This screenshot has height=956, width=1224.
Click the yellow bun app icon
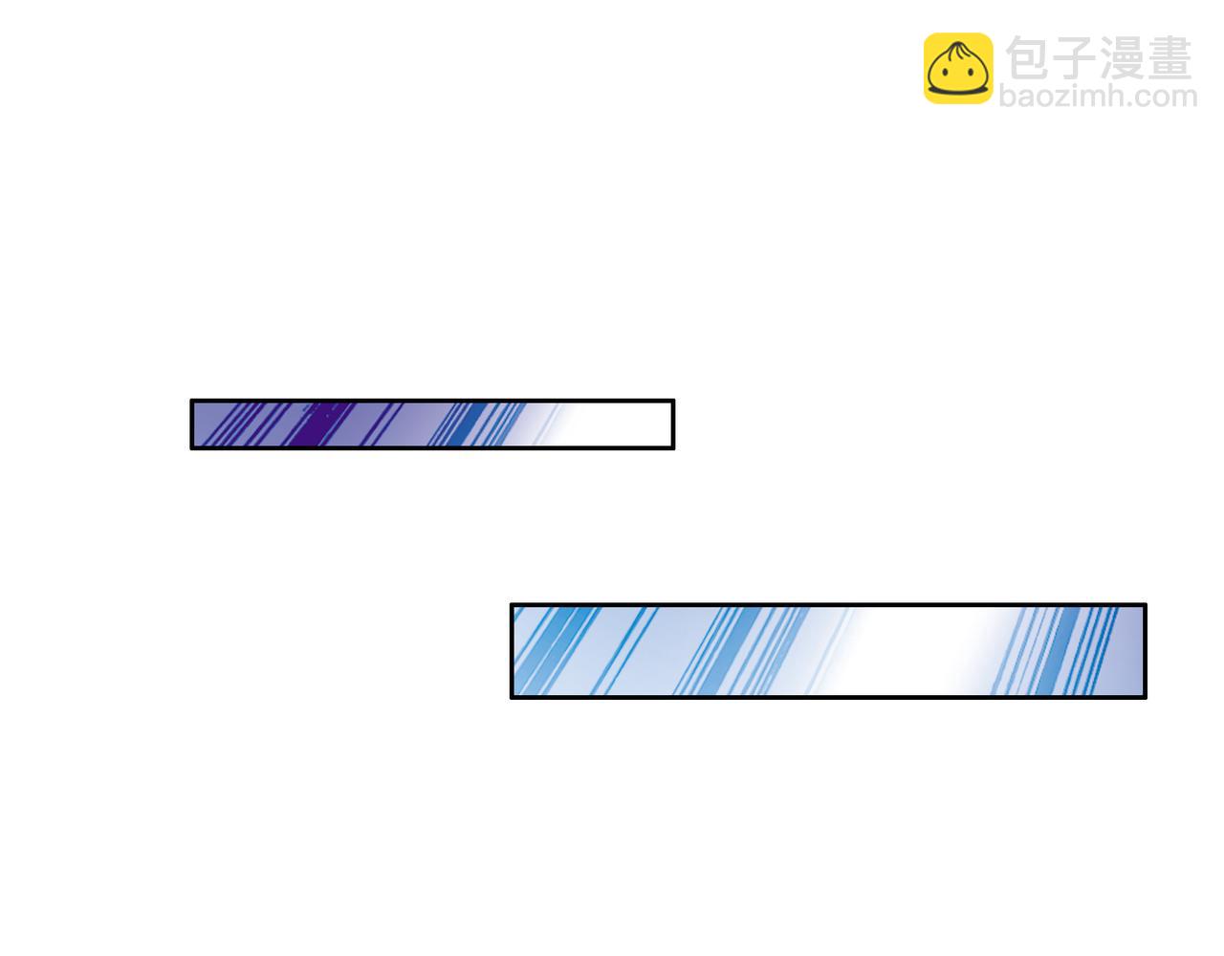pos(957,68)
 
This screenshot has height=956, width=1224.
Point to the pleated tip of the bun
pos(957,46)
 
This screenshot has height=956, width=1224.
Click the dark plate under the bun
pos(957,90)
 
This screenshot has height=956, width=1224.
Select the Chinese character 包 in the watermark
pos(1028,58)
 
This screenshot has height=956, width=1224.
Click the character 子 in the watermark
pos(1074,58)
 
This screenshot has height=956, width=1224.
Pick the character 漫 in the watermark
pos(1122,58)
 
